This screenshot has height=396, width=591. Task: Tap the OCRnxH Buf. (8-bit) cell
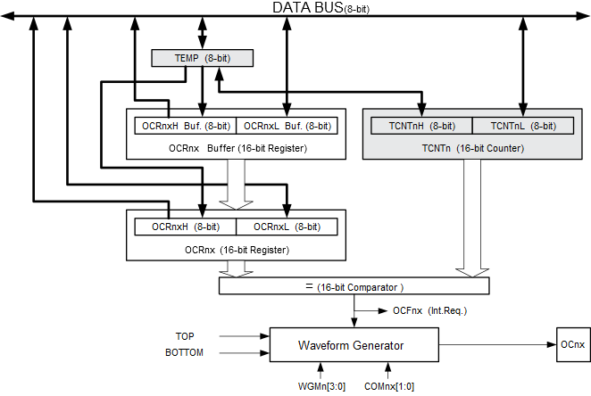click(x=186, y=126)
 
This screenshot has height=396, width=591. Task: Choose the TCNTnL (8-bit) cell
click(x=523, y=126)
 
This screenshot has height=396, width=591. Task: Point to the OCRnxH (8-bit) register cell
click(x=184, y=227)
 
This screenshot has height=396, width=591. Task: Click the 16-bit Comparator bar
click(x=354, y=286)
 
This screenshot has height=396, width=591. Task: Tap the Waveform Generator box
click(x=354, y=345)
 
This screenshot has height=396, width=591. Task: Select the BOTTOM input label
click(x=184, y=352)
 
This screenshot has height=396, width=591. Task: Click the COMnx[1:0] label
click(x=388, y=386)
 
